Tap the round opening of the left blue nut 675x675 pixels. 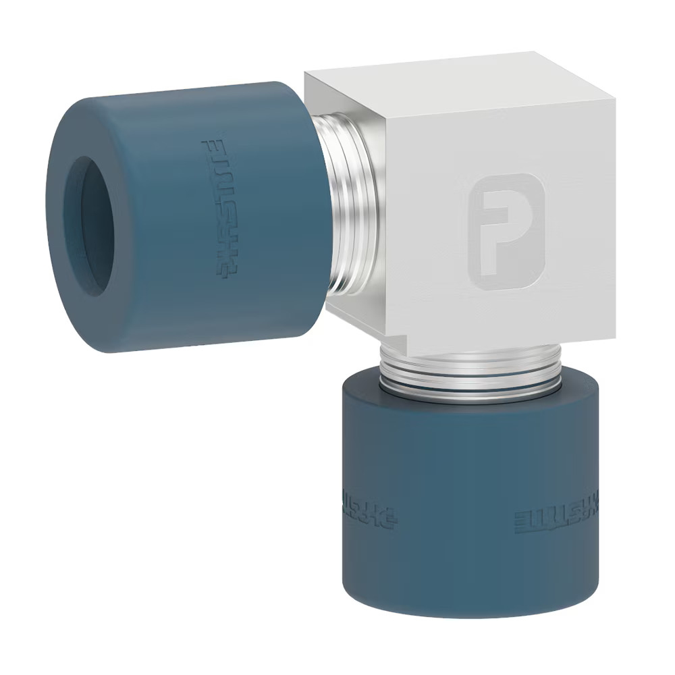(88, 226)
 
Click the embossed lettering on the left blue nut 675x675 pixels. (220, 208)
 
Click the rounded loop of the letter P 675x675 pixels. (516, 213)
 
